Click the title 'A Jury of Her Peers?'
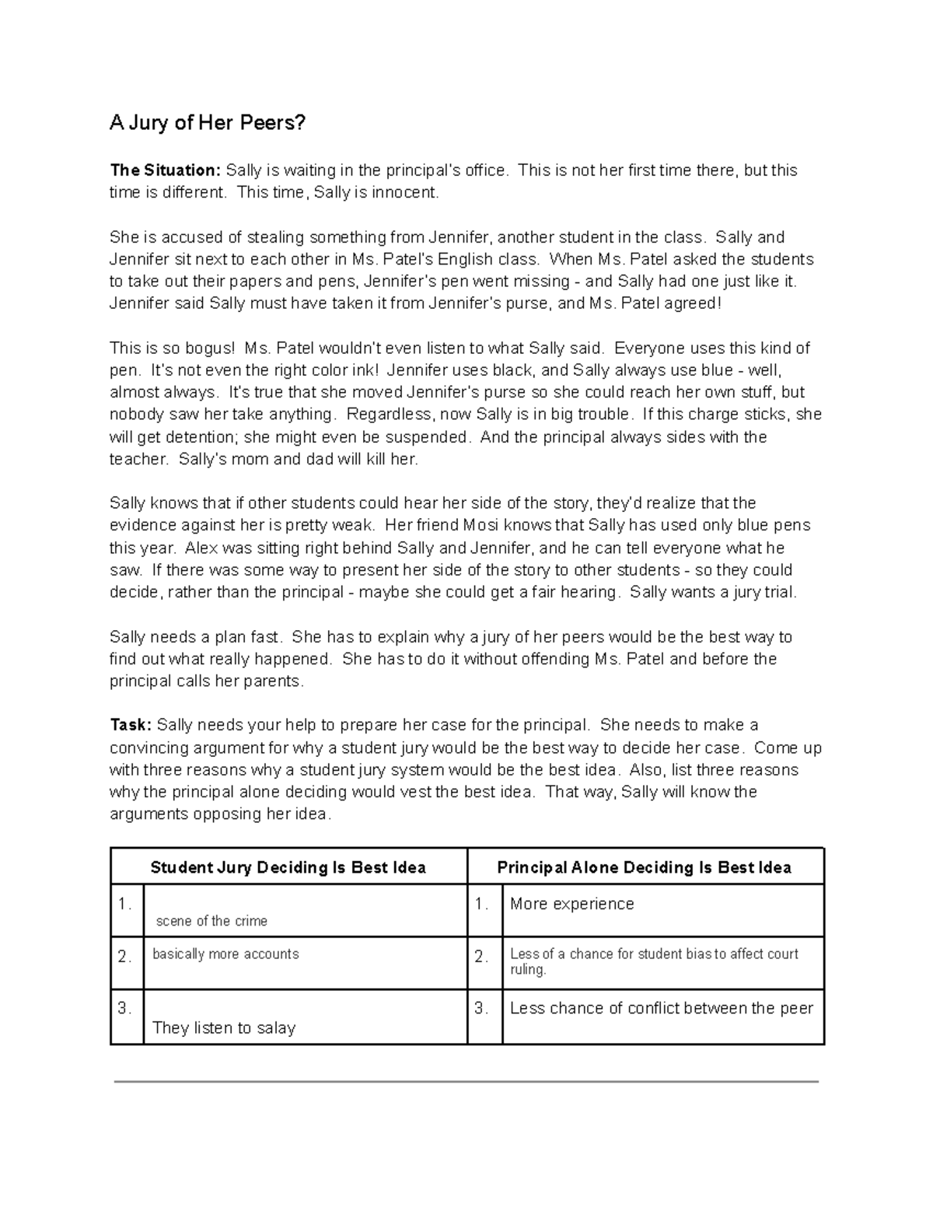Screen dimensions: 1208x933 pos(208,123)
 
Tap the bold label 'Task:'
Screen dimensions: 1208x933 pos(131,725)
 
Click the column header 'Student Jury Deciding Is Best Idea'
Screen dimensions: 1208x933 pos(288,867)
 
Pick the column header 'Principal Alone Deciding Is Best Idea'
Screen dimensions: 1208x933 pos(644,867)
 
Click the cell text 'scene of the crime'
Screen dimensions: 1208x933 pos(211,921)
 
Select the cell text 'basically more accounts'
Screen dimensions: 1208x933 pos(225,954)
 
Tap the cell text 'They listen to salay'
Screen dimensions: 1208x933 pos(224,1028)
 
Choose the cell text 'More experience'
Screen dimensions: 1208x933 pos(571,904)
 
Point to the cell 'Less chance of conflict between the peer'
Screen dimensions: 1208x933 pos(661,1008)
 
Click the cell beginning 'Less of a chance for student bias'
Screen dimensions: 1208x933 pos(653,961)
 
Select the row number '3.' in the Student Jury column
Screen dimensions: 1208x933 pos(124,1008)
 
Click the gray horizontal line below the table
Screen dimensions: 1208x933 pos(466,1081)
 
